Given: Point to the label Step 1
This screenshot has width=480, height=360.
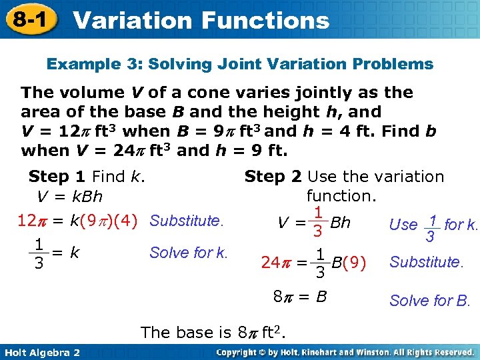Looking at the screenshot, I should click(x=57, y=177).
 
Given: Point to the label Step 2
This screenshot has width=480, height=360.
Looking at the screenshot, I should click(x=273, y=177).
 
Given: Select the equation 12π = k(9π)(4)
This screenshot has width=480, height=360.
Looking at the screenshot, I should click(x=77, y=220).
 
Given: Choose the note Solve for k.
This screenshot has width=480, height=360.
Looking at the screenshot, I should click(x=189, y=253).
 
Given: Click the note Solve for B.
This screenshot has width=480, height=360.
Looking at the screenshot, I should click(x=430, y=301).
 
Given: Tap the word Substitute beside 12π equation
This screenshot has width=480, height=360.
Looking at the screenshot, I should click(x=187, y=220).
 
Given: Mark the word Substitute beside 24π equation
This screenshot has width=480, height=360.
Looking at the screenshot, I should click(x=426, y=262).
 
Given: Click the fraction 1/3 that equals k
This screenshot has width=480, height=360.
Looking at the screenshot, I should click(x=39, y=253).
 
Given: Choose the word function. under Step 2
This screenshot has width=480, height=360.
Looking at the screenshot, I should click(x=341, y=196).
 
